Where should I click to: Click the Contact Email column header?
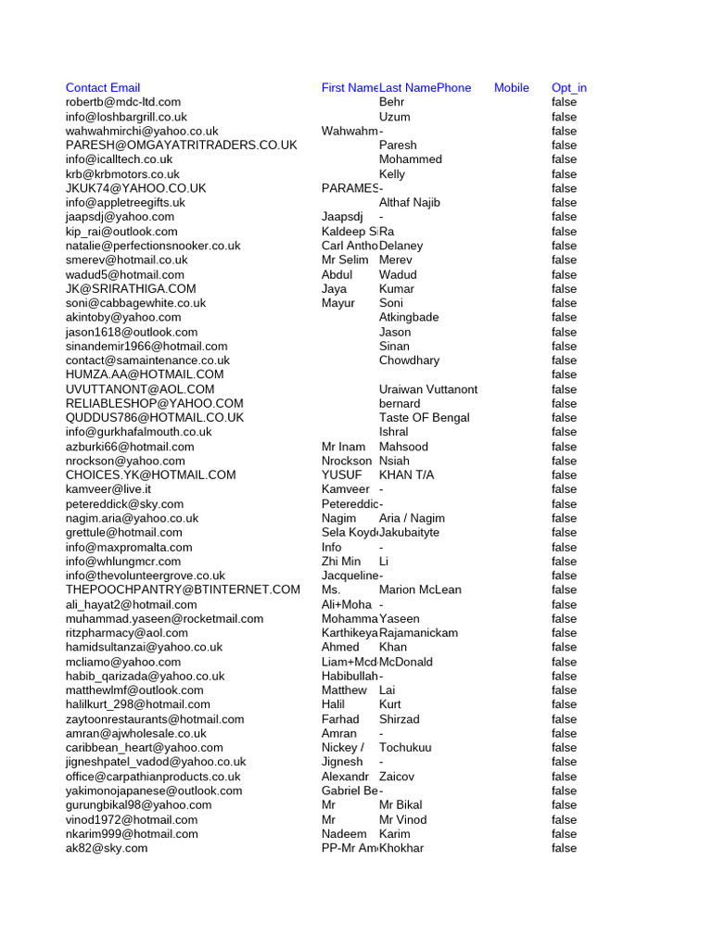[103, 88]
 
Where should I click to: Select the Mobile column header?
[512, 88]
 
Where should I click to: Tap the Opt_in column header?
[569, 88]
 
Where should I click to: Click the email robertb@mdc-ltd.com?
[123, 102]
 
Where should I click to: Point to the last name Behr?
[392, 102]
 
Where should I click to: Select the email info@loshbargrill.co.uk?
[126, 117]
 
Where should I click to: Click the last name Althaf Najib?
[410, 202]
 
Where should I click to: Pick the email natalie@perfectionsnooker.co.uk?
[153, 246]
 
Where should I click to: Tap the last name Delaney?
[401, 246]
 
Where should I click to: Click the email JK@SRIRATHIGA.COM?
[131, 288]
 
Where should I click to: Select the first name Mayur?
[338, 303]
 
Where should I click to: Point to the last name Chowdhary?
[410, 360]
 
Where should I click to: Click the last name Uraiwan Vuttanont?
[428, 389]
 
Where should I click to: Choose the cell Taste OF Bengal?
[425, 417]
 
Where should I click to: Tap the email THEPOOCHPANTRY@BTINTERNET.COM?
[183, 589]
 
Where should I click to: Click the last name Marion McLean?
[420, 589]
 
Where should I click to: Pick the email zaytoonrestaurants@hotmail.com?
[155, 719]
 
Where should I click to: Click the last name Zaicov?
[397, 777]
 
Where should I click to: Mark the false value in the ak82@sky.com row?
[564, 848]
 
